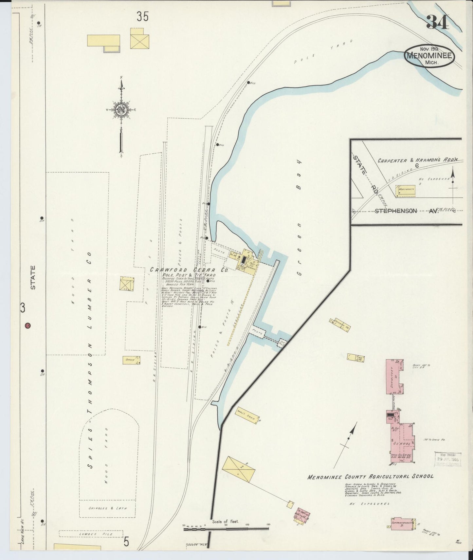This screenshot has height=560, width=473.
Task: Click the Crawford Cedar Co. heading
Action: pos(189,270)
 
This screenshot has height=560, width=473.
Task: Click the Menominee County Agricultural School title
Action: pos(370,476)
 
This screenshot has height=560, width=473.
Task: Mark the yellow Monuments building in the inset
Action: pos(406,190)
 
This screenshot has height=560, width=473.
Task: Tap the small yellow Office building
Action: pos(131,360)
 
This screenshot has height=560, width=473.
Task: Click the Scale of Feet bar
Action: pos(226,528)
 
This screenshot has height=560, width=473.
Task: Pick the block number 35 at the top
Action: pos(143,16)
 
